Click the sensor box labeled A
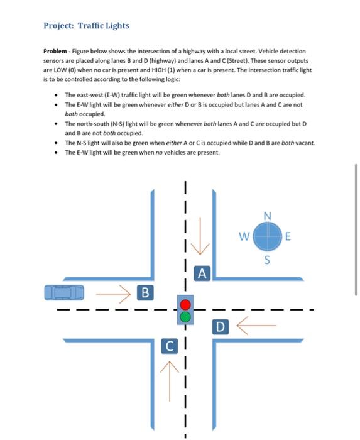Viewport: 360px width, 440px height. click(x=201, y=273)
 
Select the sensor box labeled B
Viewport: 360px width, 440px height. click(x=145, y=292)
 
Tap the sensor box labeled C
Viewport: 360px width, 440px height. click(x=169, y=346)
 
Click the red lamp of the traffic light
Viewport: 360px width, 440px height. click(x=185, y=305)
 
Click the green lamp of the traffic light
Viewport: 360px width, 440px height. click(x=185, y=317)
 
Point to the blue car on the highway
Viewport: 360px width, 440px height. click(x=63, y=292)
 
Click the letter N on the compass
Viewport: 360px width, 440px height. click(x=268, y=217)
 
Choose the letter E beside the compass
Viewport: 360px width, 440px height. click(x=288, y=238)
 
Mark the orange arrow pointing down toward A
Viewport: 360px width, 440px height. click(x=200, y=238)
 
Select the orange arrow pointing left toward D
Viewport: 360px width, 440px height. click(x=254, y=326)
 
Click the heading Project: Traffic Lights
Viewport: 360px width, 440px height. click(x=86, y=26)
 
